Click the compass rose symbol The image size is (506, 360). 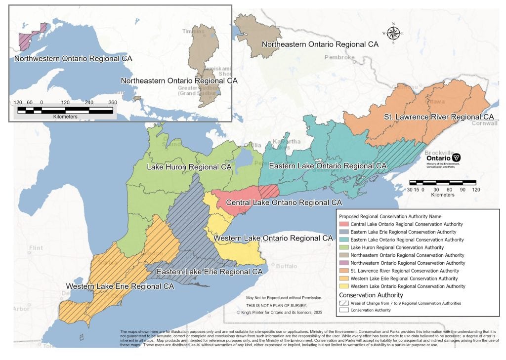393,33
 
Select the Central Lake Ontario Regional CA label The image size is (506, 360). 284,202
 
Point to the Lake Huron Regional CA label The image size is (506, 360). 189,167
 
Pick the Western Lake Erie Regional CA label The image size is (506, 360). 120,286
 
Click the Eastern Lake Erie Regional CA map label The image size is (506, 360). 209,272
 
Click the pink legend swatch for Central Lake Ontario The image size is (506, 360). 343,224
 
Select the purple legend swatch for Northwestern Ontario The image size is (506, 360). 343,263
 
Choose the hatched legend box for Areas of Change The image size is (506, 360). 343,303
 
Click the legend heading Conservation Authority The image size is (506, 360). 371,295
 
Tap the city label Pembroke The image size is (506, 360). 339,57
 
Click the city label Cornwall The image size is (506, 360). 485,123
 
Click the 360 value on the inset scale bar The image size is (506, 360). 112,103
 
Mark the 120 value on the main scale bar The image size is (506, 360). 476,189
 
